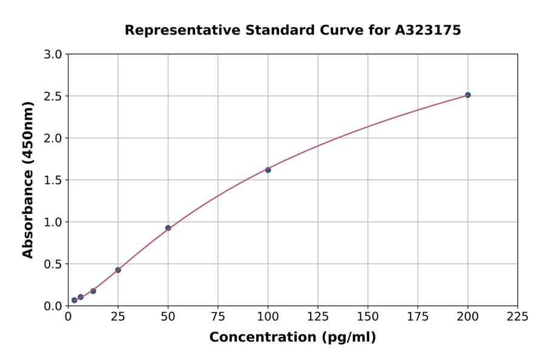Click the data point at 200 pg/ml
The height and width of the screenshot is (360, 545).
point(467,95)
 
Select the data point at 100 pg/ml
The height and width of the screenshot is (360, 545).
point(268,170)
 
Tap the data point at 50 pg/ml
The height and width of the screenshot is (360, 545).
point(168,228)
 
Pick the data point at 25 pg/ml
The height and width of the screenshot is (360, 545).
point(118,270)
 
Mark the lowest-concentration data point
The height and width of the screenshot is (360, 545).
point(74,300)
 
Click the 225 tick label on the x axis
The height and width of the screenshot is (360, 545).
point(518,317)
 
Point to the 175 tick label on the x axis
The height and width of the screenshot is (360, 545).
point(418,317)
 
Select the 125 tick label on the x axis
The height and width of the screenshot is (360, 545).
point(318,317)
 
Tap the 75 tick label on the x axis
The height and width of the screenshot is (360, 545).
point(218,317)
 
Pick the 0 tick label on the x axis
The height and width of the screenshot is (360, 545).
point(68,317)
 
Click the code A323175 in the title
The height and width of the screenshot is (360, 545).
point(429,30)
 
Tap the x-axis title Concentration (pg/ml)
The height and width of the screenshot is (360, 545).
point(292,338)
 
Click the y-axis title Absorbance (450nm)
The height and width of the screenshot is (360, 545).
point(28,180)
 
